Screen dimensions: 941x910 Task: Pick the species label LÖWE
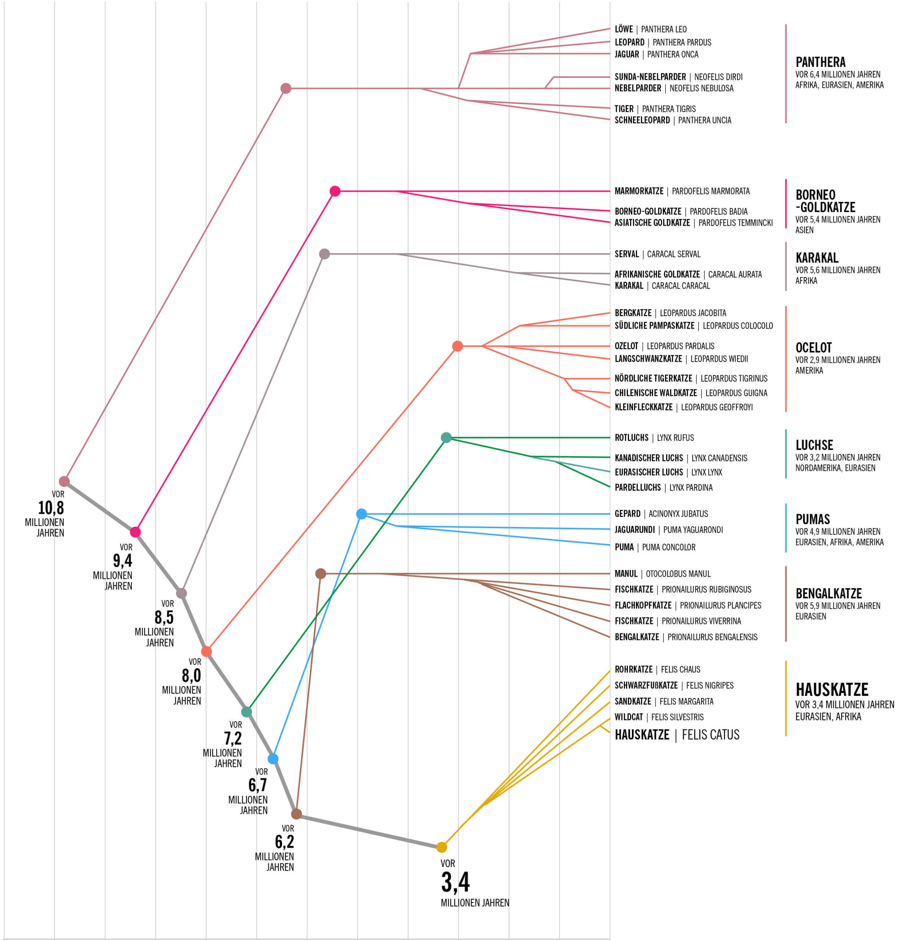click(623, 29)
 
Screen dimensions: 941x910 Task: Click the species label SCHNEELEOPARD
click(642, 120)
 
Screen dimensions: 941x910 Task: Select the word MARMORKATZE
click(639, 191)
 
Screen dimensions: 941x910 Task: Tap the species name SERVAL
click(626, 254)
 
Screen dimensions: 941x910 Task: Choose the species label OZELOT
click(626, 346)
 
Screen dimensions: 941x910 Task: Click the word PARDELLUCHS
click(637, 488)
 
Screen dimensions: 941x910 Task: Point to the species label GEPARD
click(627, 514)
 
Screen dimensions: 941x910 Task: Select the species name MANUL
click(626, 574)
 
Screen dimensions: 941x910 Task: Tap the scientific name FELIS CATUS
click(711, 734)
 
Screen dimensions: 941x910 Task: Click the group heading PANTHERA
click(820, 62)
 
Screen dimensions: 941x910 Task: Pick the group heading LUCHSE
click(814, 445)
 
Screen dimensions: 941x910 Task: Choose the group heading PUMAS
click(813, 519)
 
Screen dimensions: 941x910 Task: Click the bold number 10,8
click(51, 508)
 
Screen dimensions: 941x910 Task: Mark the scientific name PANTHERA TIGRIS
click(669, 109)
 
